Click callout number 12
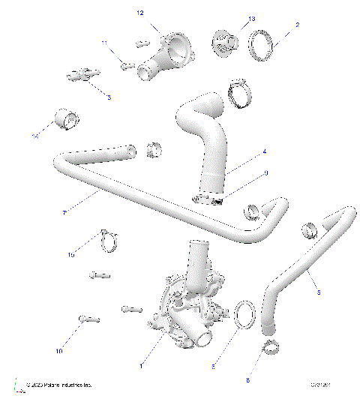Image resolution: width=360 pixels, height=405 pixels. (139, 13)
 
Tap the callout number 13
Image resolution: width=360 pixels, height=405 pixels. (251, 17)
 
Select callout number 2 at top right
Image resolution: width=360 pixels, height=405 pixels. (297, 25)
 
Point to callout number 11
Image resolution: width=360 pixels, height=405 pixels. (105, 43)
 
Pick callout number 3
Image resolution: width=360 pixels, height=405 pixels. (108, 97)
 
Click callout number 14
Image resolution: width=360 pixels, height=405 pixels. (34, 136)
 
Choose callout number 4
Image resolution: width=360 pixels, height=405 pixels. (264, 152)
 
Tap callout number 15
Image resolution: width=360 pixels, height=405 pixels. (71, 255)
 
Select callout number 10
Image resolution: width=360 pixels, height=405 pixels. (58, 350)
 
